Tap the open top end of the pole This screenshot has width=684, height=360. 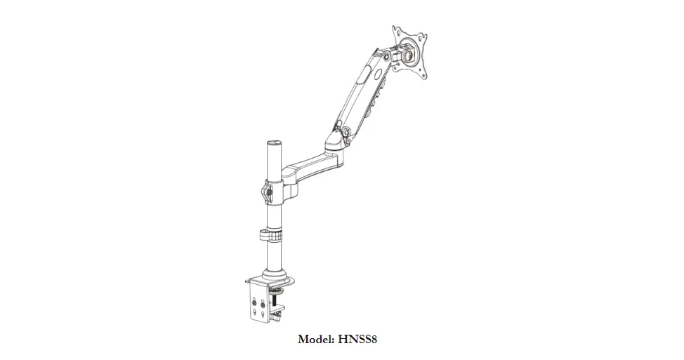272,143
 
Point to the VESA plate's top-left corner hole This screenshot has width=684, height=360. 397,32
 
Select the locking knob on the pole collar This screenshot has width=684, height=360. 266,190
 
